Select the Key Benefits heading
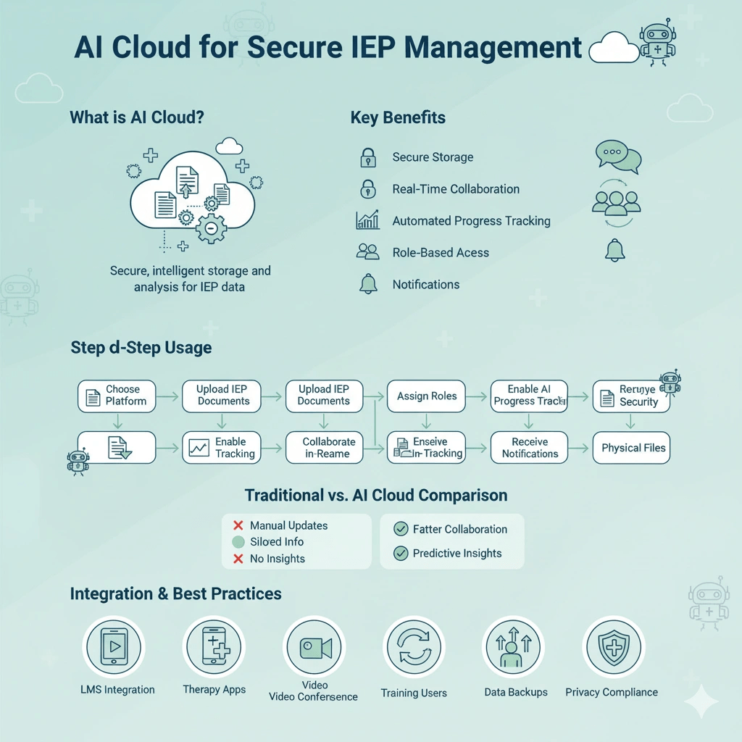(x=398, y=117)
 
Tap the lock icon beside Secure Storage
(x=368, y=157)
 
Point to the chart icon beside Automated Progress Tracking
(x=368, y=220)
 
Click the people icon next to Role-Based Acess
(x=368, y=252)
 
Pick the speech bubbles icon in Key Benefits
(x=617, y=157)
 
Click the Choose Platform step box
(x=117, y=396)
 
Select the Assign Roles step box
(x=427, y=396)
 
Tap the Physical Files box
(x=633, y=448)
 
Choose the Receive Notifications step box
(x=530, y=448)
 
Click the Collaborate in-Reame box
(x=324, y=448)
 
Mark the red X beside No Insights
(x=238, y=559)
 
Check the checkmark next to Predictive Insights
(x=400, y=553)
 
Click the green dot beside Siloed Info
(x=238, y=542)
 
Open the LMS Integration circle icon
(x=114, y=646)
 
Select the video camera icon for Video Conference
(x=314, y=647)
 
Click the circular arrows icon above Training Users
(x=413, y=647)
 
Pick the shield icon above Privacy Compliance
(x=614, y=647)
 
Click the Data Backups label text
(x=516, y=692)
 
